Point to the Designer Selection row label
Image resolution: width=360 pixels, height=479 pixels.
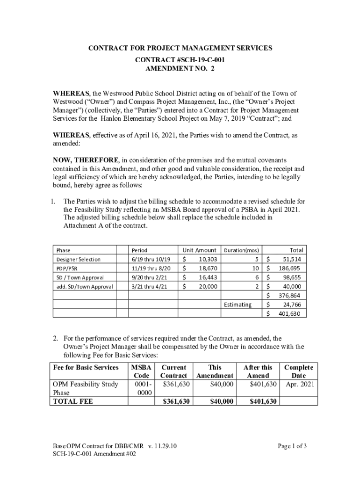click(78, 260)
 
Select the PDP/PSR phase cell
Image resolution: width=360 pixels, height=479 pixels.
click(68, 269)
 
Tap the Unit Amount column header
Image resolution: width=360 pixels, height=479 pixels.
click(199, 250)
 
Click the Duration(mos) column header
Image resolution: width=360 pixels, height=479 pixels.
click(242, 250)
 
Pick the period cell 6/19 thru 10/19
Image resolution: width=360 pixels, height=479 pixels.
click(151, 260)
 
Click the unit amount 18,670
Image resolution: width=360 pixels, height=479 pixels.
click(208, 269)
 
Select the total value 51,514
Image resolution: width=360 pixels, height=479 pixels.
click(291, 260)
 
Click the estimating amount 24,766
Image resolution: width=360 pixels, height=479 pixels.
click(291, 305)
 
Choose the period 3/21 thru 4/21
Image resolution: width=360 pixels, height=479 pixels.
click(149, 287)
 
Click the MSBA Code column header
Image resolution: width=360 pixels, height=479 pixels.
click(141, 371)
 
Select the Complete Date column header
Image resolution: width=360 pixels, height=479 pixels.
click(298, 371)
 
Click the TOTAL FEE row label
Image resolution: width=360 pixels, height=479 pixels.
click(73, 401)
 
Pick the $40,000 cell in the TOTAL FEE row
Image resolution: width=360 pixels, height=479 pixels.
click(222, 401)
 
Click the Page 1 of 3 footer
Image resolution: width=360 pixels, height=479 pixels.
click(292, 446)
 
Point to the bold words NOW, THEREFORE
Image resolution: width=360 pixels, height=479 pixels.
click(86, 160)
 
